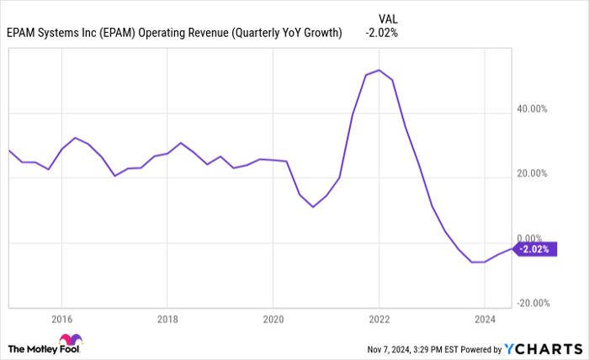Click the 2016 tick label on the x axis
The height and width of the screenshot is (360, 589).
(61, 320)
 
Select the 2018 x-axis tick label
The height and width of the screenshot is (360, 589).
(167, 320)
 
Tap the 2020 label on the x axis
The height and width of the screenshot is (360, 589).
(273, 320)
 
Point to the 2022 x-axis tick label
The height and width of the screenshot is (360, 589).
(379, 320)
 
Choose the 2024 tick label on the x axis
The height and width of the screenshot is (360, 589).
(485, 320)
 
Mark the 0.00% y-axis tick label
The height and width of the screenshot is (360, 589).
(534, 239)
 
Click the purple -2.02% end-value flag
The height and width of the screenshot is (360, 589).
(535, 250)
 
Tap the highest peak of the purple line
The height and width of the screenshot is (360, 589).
(379, 70)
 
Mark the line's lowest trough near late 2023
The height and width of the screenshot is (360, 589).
(476, 262)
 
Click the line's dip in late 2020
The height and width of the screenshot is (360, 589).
(313, 207)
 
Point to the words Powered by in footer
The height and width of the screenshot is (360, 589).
(477, 348)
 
